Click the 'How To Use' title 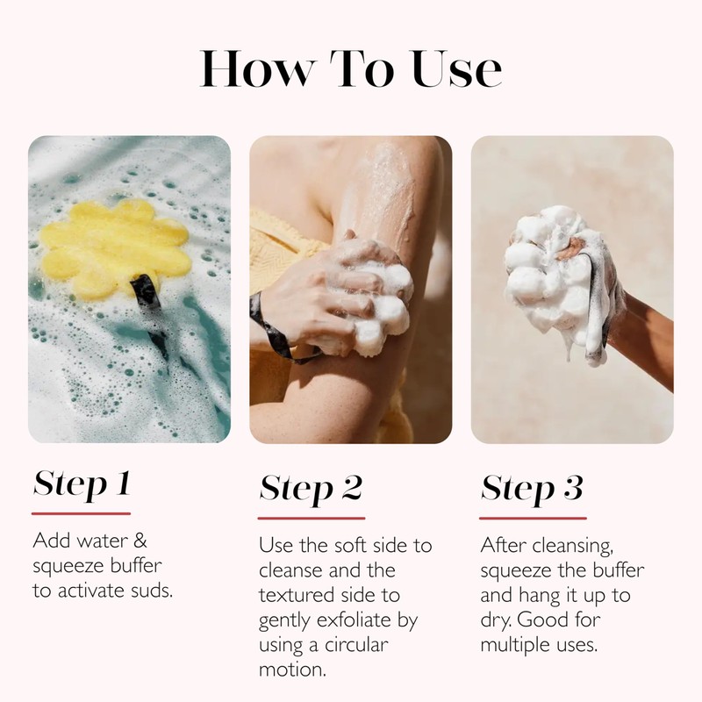(351, 68)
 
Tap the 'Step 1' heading (82, 484)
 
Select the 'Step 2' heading (311, 488)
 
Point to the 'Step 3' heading (532, 488)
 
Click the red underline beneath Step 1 (82, 512)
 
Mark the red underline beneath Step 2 (312, 518)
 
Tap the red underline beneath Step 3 (534, 518)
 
